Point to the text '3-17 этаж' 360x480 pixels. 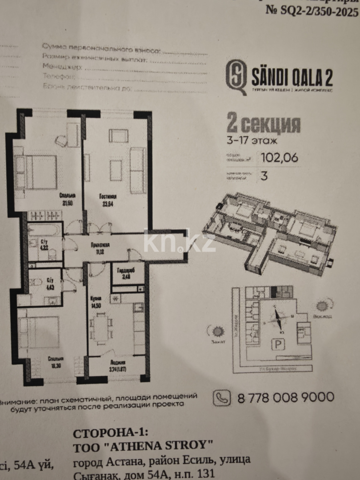click(x=252, y=141)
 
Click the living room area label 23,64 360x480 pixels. click(x=108, y=204)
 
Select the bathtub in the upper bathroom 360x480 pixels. click(x=44, y=230)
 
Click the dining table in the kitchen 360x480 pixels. click(x=102, y=328)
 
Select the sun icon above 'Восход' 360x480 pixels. click(x=321, y=306)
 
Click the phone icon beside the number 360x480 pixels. click(x=222, y=397)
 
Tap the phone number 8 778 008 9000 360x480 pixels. click(x=286, y=397)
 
